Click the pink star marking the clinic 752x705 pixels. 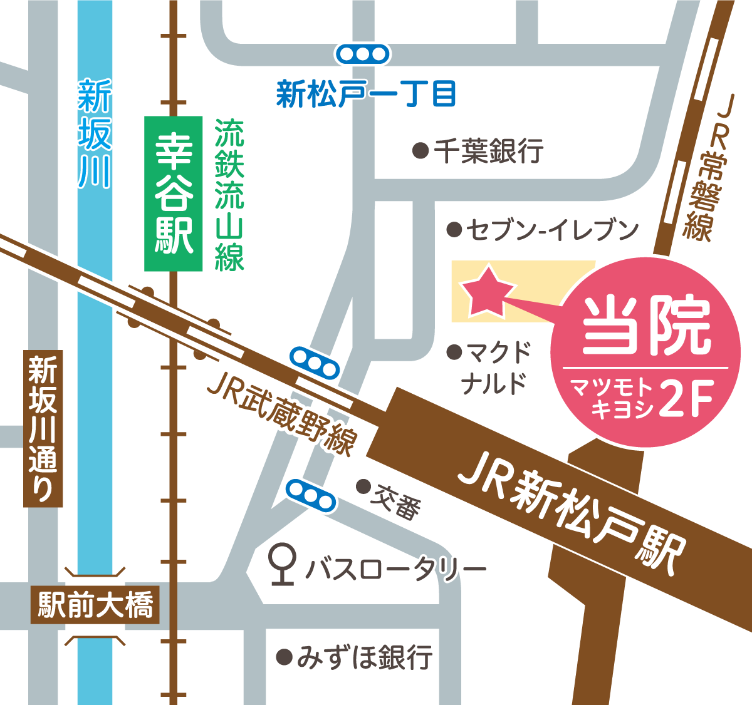tap(488, 291)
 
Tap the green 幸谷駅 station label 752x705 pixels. tap(174, 193)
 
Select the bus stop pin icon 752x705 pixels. tap(283, 562)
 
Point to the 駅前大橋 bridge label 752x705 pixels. tap(95, 605)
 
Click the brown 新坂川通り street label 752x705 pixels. tap(43, 429)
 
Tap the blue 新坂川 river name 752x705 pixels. tap(95, 135)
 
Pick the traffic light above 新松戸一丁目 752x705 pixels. tap(363, 54)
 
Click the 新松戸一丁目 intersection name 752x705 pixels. tap(366, 95)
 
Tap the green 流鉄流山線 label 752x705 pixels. tap(229, 194)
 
